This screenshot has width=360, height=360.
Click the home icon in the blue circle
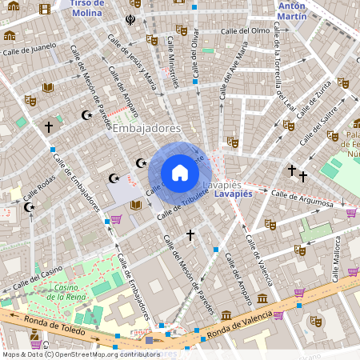[180, 173]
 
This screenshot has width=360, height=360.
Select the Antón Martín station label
[291, 10]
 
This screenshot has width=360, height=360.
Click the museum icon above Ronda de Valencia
[226, 315]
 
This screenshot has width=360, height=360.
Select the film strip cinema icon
[43, 9]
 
